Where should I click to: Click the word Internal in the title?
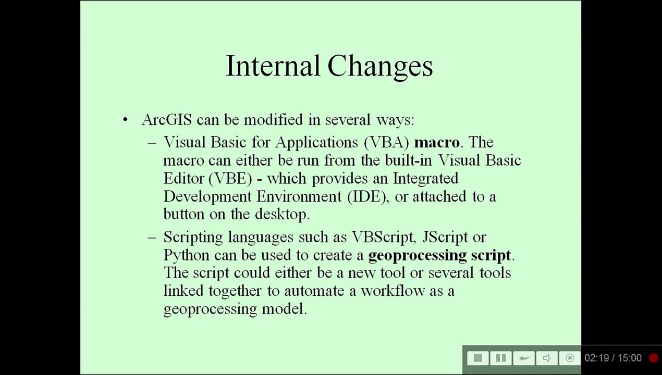click(x=273, y=65)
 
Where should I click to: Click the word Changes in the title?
click(x=380, y=67)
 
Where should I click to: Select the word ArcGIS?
click(x=167, y=120)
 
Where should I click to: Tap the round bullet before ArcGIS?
click(x=125, y=120)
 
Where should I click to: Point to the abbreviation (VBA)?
click(x=387, y=142)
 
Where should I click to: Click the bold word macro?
click(x=437, y=143)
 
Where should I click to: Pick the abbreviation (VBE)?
click(x=230, y=178)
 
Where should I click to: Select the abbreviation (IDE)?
click(x=367, y=196)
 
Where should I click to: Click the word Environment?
click(x=299, y=196)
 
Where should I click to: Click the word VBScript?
click(x=383, y=237)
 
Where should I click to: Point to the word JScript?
click(x=445, y=237)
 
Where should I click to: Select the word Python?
click(x=187, y=255)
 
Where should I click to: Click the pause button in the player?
click(x=500, y=358)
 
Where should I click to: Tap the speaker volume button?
click(x=547, y=358)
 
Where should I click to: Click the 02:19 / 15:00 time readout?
click(x=613, y=358)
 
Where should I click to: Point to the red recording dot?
click(x=654, y=358)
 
